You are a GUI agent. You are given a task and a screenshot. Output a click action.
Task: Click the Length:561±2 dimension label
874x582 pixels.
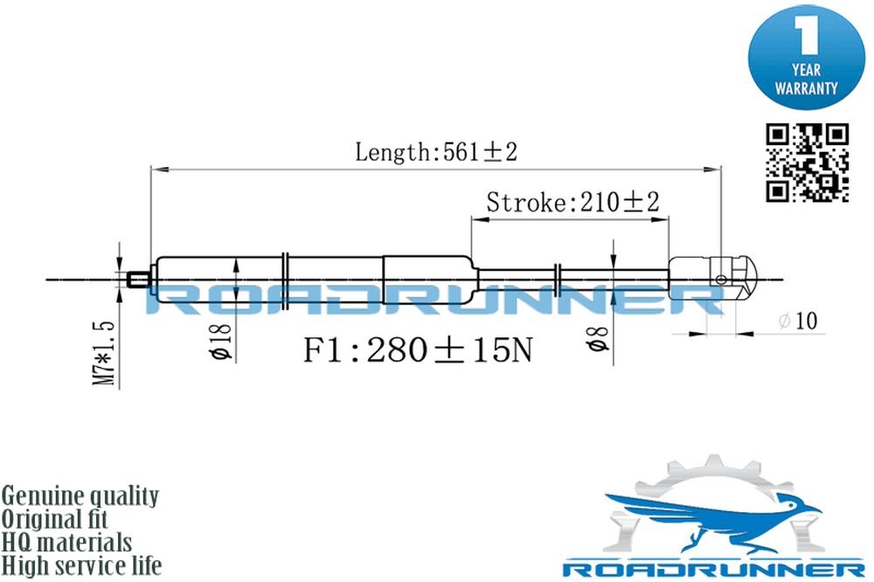436,152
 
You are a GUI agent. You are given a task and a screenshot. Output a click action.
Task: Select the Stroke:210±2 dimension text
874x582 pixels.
572,202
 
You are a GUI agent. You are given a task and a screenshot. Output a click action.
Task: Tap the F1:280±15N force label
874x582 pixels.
418,350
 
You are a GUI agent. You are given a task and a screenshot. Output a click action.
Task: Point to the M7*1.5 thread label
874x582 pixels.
105,353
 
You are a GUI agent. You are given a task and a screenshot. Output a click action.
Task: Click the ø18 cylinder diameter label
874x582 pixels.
222,340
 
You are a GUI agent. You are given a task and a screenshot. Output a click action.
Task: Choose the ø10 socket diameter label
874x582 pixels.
798,321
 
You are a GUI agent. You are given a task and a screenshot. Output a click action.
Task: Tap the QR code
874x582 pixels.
807,163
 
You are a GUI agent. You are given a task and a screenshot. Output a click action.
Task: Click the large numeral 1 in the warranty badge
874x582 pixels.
807,36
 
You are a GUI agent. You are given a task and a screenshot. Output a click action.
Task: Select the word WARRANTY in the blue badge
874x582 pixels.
806,88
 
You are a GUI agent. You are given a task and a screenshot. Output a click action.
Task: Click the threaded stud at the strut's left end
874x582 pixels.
138,279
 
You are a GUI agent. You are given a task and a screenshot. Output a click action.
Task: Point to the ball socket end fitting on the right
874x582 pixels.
712,278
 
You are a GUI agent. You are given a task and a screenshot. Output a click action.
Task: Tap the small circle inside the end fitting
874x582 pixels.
721,280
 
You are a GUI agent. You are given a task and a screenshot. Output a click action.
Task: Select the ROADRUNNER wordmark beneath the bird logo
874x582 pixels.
713,570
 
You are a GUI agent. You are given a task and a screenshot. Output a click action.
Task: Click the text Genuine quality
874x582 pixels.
80,496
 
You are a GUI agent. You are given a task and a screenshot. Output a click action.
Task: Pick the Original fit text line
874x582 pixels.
54,519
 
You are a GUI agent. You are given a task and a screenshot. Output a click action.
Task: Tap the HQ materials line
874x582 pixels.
66,543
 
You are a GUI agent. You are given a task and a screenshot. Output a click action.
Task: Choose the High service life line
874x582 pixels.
81,566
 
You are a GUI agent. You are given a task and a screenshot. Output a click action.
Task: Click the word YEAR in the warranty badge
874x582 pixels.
807,70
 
